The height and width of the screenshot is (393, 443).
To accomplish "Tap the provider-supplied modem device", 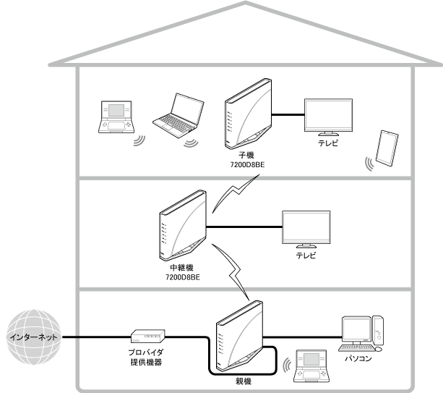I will click(148, 337).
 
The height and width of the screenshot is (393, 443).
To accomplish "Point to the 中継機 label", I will click(180, 268).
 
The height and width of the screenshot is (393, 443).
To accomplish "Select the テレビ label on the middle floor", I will click(306, 255).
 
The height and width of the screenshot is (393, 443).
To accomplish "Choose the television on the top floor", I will click(329, 117).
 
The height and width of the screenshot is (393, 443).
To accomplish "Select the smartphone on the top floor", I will click(388, 148).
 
